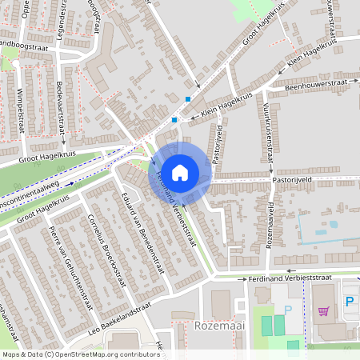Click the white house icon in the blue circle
180,172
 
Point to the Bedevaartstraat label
62,102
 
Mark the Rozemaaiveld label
270,224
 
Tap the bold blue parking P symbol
350,302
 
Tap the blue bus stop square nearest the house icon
174,120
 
